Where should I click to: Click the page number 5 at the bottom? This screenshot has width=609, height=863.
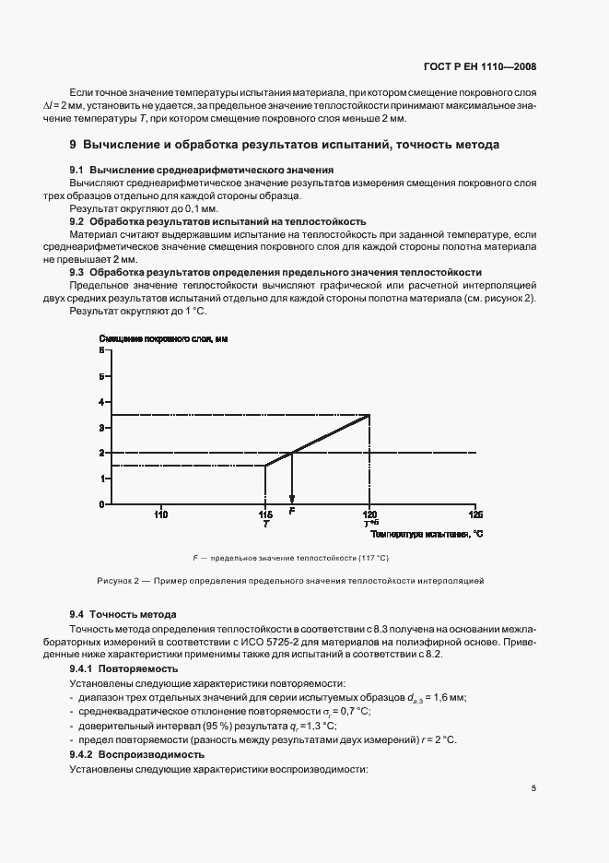533,788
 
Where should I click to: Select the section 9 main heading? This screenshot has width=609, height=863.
285,145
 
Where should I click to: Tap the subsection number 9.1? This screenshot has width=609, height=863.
76,171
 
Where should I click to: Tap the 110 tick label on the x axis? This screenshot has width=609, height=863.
160,514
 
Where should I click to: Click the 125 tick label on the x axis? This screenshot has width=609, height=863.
475,514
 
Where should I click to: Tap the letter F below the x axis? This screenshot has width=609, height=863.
292,510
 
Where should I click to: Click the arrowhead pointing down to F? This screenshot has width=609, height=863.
292,499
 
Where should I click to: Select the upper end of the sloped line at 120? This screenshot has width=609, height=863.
369,415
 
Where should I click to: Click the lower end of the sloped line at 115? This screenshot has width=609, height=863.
265,465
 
